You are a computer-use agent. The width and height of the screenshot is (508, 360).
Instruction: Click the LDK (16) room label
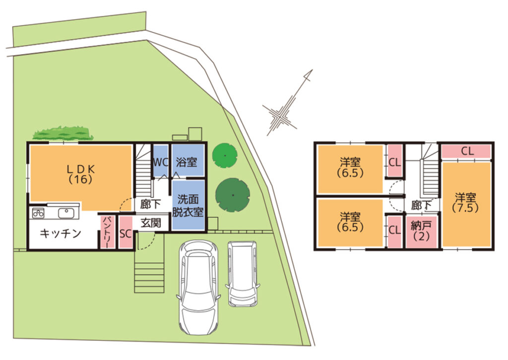tap(81, 174)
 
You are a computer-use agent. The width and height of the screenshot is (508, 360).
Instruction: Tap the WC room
tap(160, 161)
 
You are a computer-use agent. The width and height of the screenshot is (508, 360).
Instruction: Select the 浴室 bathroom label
tap(187, 162)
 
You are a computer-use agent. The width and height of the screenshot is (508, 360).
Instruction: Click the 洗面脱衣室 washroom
tap(188, 205)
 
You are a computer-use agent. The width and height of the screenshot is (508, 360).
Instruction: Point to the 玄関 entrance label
tap(151, 223)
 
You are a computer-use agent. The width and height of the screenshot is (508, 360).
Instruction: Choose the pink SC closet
tap(126, 232)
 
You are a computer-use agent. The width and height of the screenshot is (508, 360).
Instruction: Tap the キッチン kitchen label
tap(60, 233)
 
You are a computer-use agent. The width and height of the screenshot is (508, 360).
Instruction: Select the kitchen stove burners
tap(38, 213)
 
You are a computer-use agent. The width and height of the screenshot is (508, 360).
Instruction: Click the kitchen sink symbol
tap(66, 213)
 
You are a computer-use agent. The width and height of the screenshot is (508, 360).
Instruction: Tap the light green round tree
tap(225, 155)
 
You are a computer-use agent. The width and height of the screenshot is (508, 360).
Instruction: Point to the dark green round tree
tap(233, 195)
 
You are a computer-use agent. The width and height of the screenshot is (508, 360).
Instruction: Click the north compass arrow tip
tap(313, 69)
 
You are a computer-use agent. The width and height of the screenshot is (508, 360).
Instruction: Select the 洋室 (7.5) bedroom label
tap(465, 202)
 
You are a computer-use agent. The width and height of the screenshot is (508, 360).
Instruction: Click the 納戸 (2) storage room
tap(422, 231)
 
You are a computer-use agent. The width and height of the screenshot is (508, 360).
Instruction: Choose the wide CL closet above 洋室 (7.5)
tap(466, 151)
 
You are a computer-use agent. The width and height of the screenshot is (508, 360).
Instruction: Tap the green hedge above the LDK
tap(63, 133)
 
